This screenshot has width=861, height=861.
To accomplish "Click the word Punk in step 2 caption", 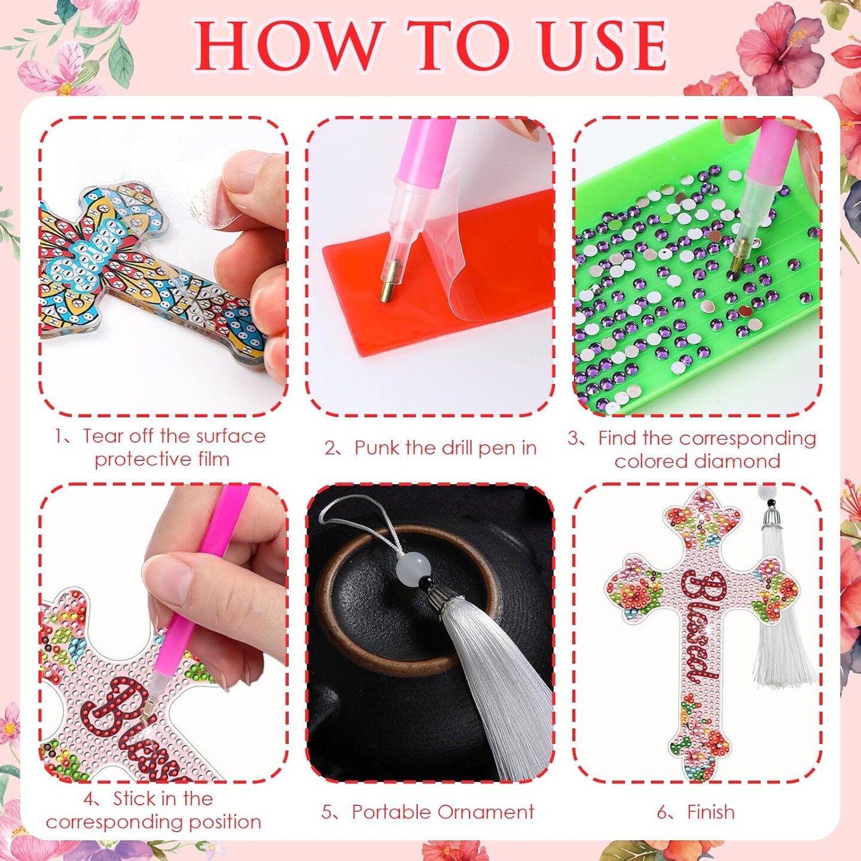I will pyautogui.click(x=375, y=448).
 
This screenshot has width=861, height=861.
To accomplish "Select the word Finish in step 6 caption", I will pyautogui.click(x=711, y=812).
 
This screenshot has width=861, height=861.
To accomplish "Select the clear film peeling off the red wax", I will pyautogui.click(x=460, y=263).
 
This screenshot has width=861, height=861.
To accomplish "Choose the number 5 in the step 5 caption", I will pyautogui.click(x=326, y=812).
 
